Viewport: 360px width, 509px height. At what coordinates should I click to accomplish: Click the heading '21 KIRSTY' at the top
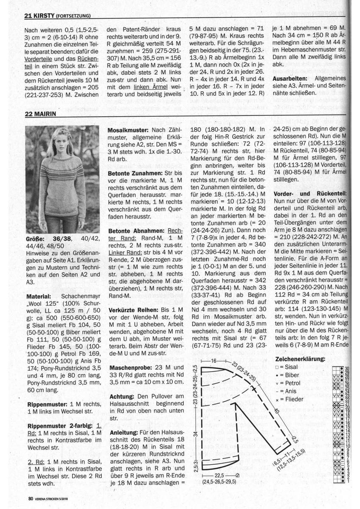pos(39,17)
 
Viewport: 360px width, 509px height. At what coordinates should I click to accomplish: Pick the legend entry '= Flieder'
pos(290,400)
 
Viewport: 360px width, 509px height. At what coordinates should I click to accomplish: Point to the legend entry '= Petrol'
pos(289,383)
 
